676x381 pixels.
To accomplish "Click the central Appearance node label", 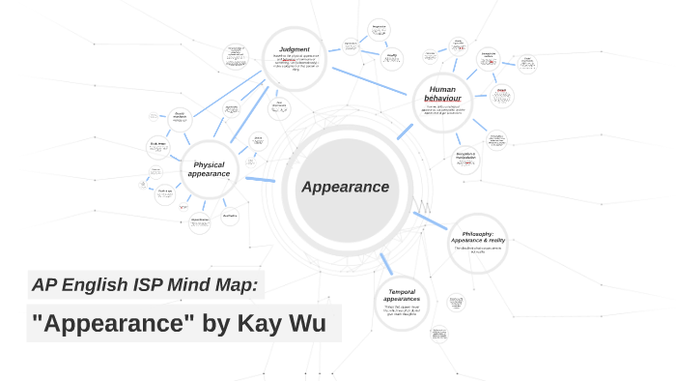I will [345, 187].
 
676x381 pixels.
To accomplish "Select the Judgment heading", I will [295, 49].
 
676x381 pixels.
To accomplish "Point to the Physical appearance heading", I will [208, 169].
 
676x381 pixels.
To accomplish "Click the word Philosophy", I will [477, 233].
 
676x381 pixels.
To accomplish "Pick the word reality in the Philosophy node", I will [492, 240].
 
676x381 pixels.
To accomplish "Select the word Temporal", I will [402, 291].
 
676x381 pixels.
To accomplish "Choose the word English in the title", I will [95, 284].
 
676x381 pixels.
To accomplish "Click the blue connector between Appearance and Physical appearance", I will [261, 179].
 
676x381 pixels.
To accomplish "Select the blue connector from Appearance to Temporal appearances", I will [384, 261].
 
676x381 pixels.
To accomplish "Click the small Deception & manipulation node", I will [466, 158].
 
